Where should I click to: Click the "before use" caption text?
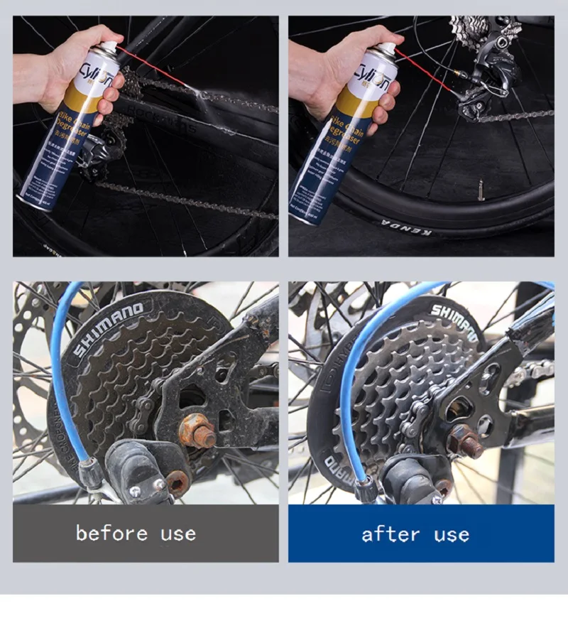(136, 533)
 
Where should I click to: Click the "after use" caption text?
(415, 534)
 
